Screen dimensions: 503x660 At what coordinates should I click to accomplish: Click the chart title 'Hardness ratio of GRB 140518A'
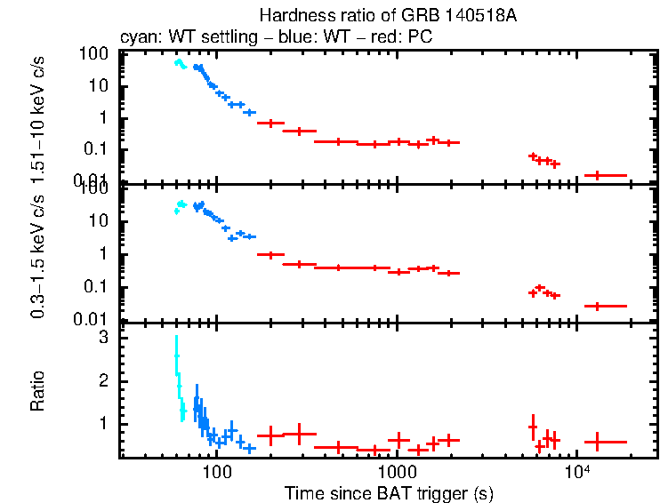[x=388, y=16]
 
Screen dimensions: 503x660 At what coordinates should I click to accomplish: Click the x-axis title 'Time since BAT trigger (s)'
[x=388, y=492]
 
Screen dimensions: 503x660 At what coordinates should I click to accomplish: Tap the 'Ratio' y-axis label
[x=37, y=391]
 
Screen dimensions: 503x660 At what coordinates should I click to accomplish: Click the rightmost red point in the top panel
[x=597, y=175]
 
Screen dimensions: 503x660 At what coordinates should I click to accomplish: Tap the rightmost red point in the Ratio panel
[x=597, y=442]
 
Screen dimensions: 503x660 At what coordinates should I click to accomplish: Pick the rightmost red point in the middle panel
[x=597, y=306]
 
